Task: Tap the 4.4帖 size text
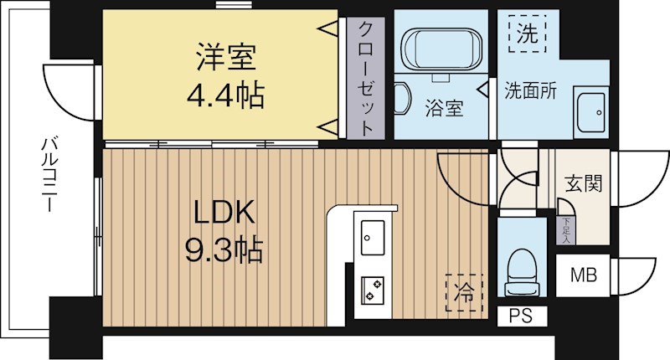(225, 95)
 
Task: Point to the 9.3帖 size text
(224, 249)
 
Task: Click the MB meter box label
(584, 275)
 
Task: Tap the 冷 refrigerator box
(459, 293)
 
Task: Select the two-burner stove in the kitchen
(371, 290)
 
